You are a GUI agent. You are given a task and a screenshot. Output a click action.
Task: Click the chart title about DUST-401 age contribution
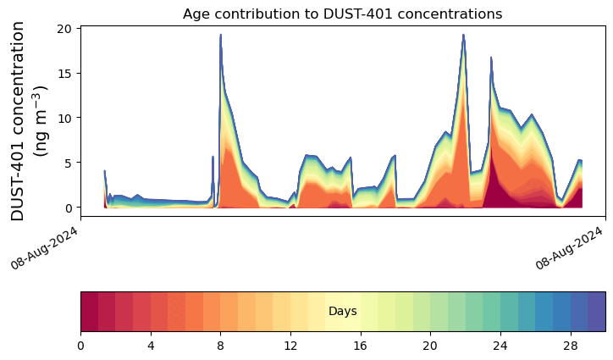coord(342,14)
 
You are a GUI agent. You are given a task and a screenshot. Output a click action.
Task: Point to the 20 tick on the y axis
coord(65,29)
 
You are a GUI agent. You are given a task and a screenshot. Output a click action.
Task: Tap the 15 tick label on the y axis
coord(65,74)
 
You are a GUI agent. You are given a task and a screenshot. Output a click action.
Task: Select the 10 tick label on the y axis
coord(65,118)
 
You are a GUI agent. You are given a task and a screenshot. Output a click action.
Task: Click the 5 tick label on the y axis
coord(69,163)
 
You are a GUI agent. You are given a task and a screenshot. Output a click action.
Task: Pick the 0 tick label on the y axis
coord(69,208)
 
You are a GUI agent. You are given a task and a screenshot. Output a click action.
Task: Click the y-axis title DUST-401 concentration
coord(18,121)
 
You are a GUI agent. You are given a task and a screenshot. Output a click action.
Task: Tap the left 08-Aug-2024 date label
coord(44,248)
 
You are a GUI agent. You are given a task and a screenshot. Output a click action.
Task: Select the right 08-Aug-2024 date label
coord(569,248)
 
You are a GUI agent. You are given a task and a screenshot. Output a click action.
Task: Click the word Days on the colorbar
coord(343,312)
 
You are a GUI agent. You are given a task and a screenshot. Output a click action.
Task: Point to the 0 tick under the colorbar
coord(81,346)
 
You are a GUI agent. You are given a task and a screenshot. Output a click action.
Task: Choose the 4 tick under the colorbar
coord(151,346)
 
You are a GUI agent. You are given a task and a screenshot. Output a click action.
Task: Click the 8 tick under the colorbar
coord(220,346)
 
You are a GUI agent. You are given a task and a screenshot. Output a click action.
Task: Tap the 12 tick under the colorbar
coord(290,346)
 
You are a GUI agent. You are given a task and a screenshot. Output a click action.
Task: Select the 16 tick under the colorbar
coord(361,346)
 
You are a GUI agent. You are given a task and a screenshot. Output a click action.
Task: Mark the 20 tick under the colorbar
coord(430,346)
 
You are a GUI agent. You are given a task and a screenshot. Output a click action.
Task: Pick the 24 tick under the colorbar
coord(500,346)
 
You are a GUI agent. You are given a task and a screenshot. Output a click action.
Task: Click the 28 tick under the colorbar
coord(571,346)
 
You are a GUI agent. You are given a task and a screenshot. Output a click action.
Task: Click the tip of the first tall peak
coord(220,35)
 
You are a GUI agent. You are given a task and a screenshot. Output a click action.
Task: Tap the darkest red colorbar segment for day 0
coord(90,312)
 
